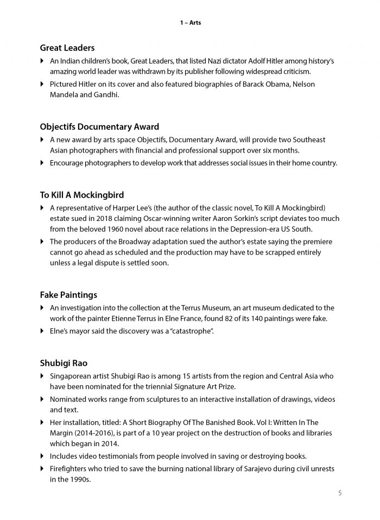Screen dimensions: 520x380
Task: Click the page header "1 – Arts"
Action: click(x=190, y=23)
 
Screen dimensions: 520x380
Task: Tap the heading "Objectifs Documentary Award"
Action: click(x=99, y=127)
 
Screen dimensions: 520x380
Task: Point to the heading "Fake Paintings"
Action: click(x=68, y=295)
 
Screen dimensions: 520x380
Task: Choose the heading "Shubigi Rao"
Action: click(x=63, y=362)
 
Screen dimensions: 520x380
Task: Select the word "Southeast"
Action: click(x=311, y=140)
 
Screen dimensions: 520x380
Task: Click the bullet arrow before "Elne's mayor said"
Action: click(x=42, y=331)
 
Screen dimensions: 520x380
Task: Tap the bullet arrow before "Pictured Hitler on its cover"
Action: click(x=42, y=84)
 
